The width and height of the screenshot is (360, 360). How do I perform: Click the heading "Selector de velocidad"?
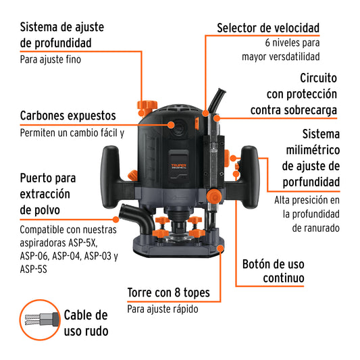(268, 28)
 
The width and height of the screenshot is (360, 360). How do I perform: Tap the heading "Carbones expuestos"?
(68, 115)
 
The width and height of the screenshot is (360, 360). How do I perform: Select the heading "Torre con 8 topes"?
(168, 293)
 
